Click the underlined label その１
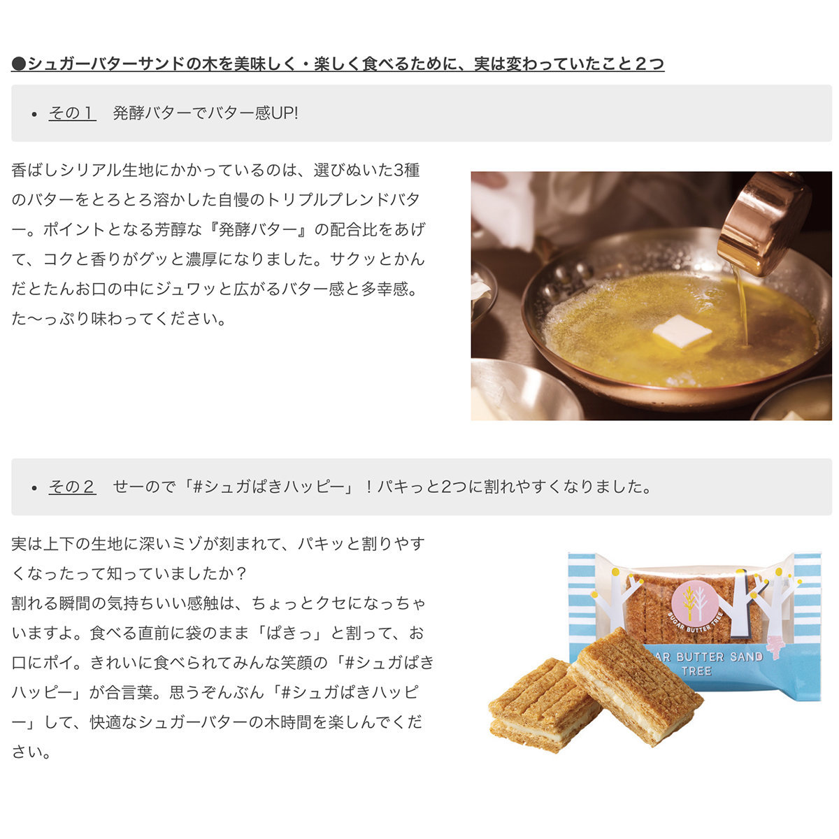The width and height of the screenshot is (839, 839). [x=72, y=113]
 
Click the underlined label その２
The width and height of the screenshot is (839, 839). [x=72, y=487]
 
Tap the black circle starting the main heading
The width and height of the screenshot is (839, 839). [x=19, y=64]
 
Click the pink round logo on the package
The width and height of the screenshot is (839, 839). [x=694, y=601]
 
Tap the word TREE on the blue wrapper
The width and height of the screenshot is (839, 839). [x=696, y=671]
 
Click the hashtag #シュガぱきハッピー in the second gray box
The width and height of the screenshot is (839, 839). [x=268, y=487]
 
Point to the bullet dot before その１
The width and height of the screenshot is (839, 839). [x=35, y=115]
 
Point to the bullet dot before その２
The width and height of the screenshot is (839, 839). [x=35, y=488]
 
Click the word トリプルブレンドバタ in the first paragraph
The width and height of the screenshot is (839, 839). [x=342, y=200]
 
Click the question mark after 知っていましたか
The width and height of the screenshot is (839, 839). [x=241, y=574]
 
